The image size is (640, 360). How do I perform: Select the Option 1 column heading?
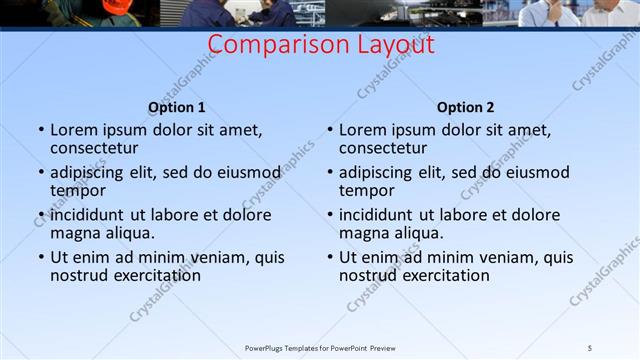[177, 108]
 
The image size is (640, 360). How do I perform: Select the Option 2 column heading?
[465, 108]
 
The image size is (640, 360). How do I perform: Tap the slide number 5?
[590, 347]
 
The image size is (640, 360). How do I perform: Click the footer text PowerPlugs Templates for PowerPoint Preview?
[320, 347]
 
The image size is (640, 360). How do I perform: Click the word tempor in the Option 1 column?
[78, 191]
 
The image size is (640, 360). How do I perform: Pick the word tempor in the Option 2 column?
[367, 191]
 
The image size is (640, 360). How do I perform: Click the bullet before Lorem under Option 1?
[40, 130]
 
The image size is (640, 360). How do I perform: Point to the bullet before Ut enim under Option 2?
[329, 257]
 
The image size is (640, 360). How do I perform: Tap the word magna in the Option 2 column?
[362, 233]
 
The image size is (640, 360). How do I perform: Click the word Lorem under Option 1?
[75, 130]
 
